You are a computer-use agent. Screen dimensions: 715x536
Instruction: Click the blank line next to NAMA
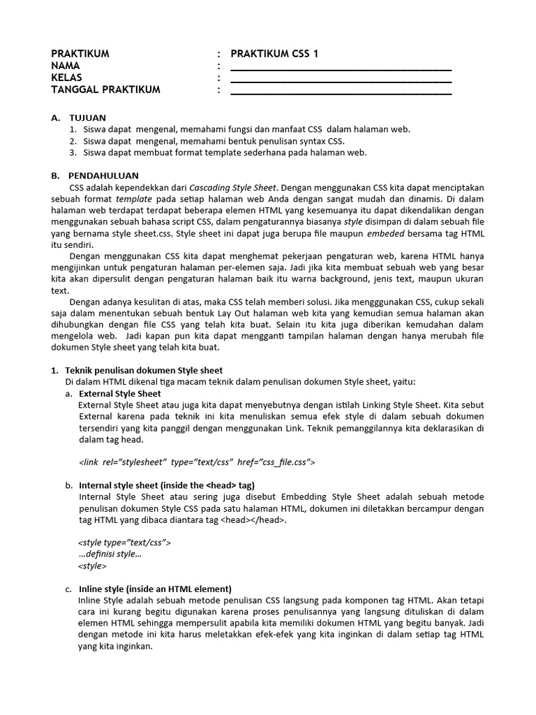341,68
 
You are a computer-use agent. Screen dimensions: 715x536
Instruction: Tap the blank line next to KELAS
341,80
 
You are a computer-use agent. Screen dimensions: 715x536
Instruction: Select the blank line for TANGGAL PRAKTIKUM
341,91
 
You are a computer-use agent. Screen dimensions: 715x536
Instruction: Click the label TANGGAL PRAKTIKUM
105,89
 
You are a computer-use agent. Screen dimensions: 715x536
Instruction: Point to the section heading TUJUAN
88,117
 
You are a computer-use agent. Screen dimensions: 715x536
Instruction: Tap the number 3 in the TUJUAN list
73,152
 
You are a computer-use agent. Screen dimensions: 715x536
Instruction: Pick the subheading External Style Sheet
119,393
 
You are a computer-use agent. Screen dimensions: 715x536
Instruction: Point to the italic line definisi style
110,554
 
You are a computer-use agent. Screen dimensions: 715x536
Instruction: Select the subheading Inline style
155,589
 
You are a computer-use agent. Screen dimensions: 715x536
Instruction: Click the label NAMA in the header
66,66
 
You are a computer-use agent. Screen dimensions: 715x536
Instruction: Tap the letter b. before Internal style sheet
68,485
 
